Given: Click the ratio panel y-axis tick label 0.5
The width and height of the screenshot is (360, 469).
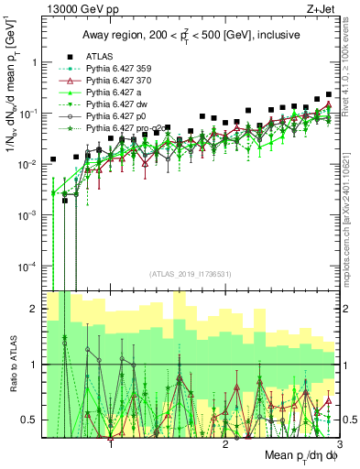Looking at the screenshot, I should pos(27,420).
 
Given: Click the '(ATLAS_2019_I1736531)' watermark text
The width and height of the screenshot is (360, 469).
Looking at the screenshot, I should pos(189,275).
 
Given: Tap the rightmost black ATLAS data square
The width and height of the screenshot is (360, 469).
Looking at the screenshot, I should pos(329,94).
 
